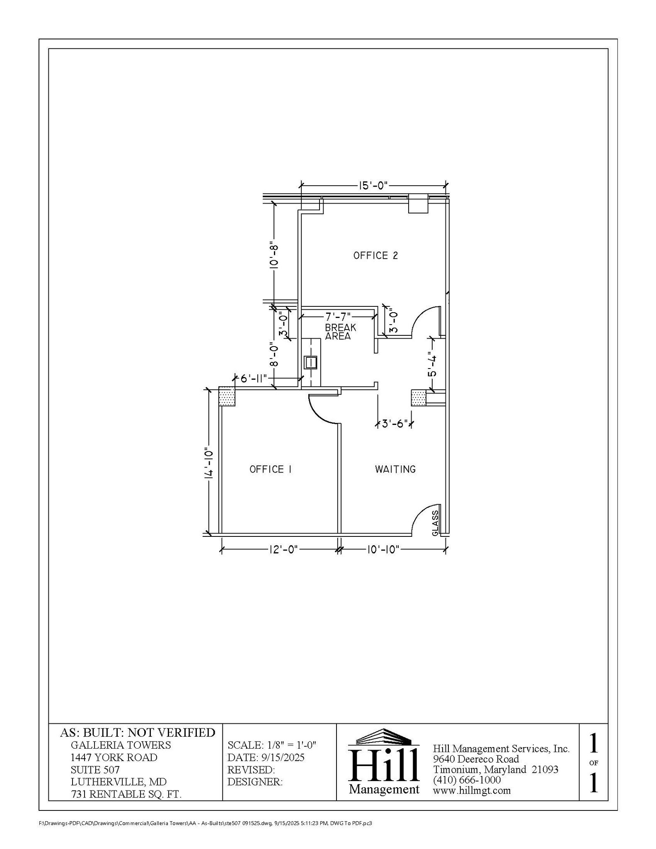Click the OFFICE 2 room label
(x=375, y=256)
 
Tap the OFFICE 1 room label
(x=271, y=469)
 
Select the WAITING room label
(x=395, y=469)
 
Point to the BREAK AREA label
(x=340, y=332)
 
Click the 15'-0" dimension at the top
(x=373, y=185)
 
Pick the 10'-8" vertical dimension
(x=274, y=255)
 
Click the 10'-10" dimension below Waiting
(x=383, y=550)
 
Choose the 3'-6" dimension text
(x=395, y=424)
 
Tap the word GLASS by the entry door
(x=435, y=523)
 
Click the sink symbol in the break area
(x=310, y=363)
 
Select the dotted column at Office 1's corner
(x=227, y=397)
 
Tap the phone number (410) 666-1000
(x=467, y=780)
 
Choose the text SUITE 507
(x=95, y=770)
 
